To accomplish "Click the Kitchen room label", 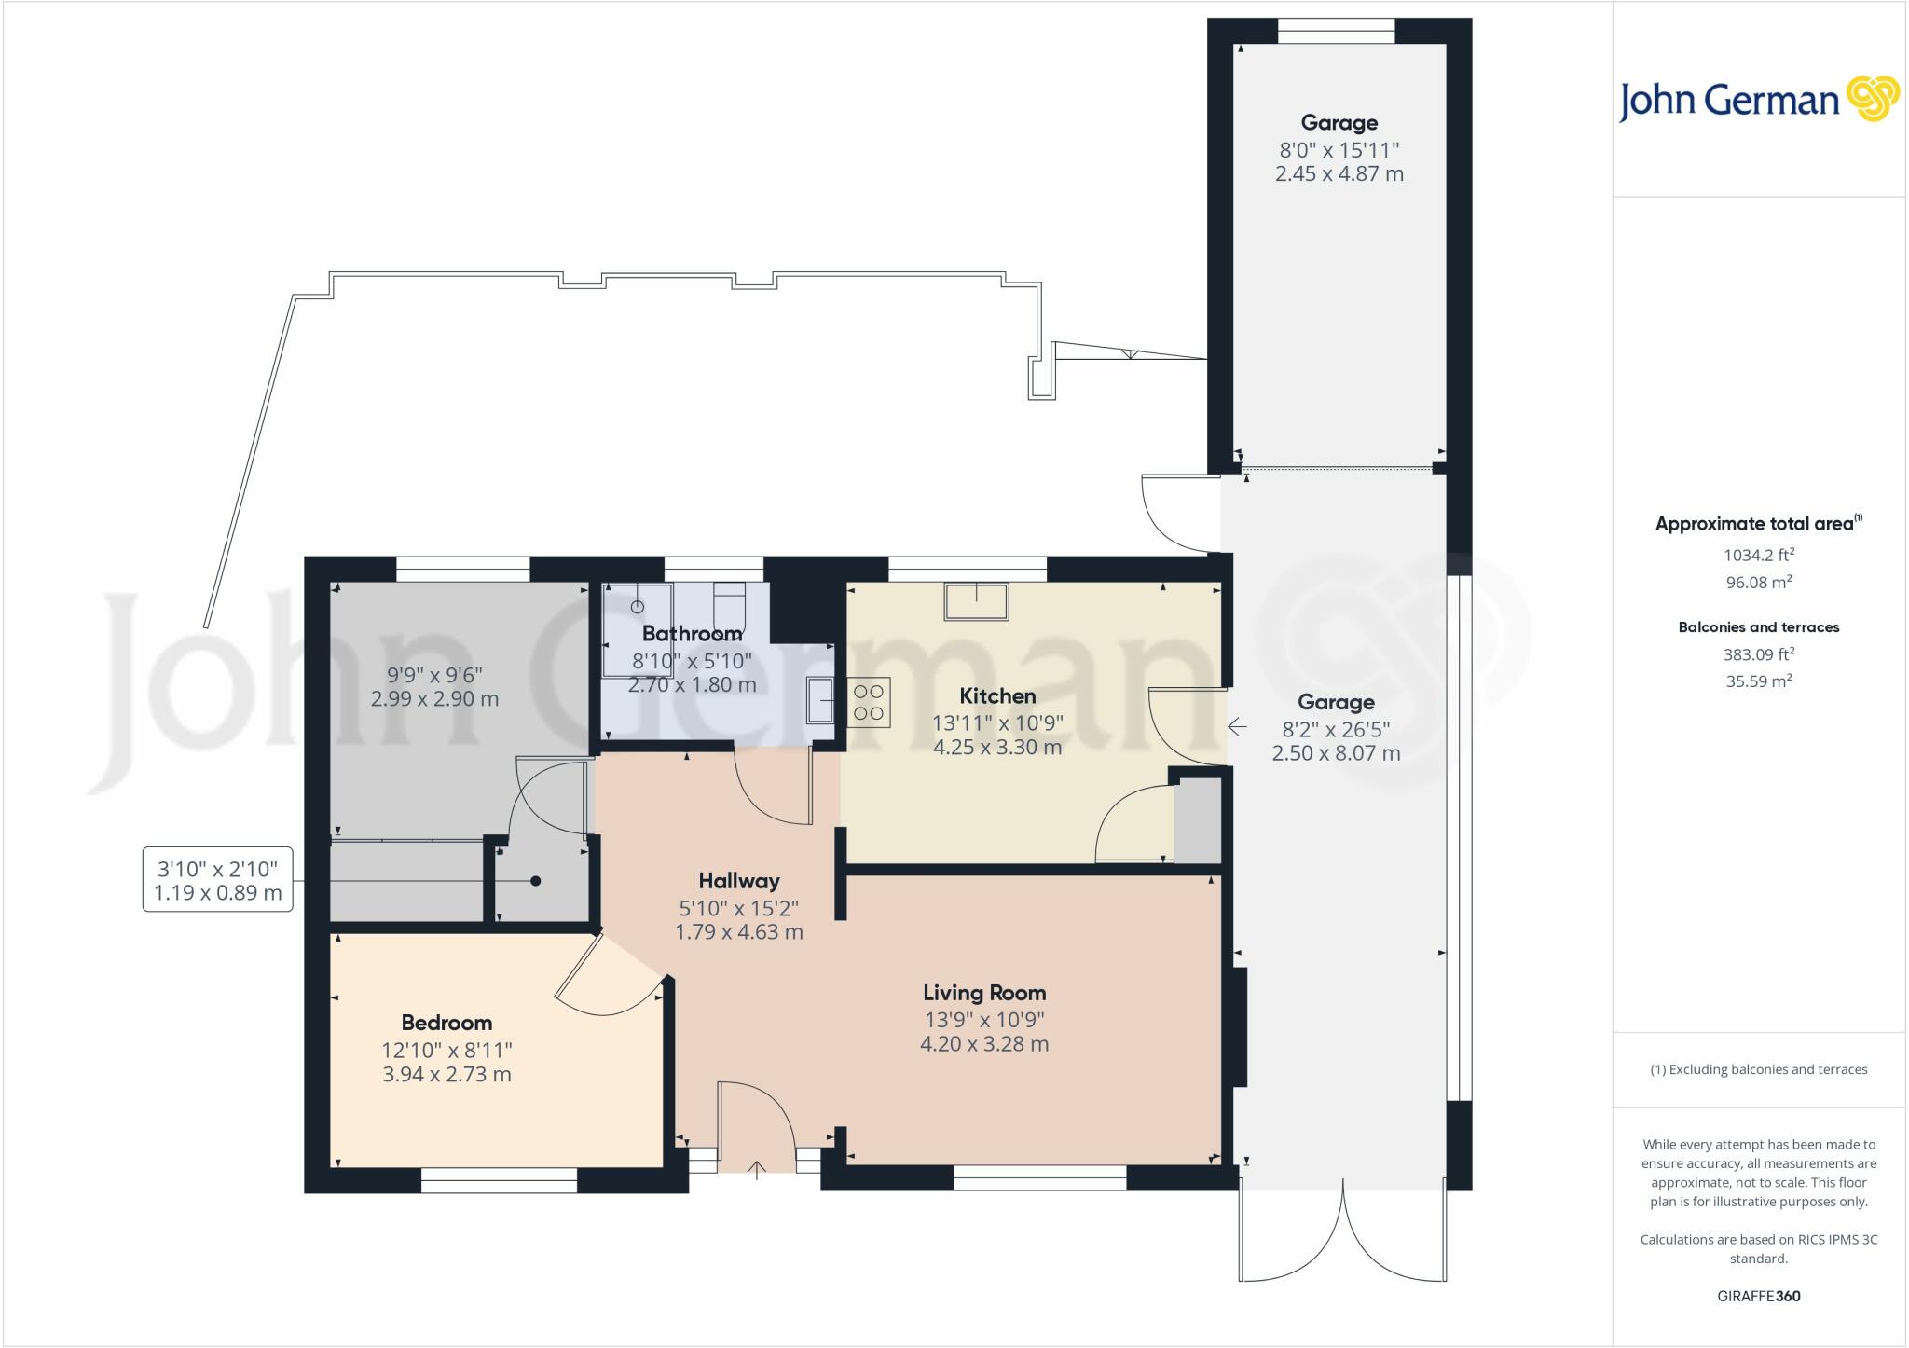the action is click(997, 696).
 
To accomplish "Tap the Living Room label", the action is click(984, 993).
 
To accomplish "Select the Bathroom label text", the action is click(692, 634).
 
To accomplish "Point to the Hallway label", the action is click(739, 881).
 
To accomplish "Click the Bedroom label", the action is click(446, 1023).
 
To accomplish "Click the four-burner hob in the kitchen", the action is click(869, 702).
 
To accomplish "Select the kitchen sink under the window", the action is click(977, 601).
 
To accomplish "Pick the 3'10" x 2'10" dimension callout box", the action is click(218, 880).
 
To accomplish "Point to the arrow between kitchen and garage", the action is click(1237, 726).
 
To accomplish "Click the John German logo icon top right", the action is click(1873, 99).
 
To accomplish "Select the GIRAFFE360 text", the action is click(1759, 1296).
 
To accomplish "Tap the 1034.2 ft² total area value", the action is click(1759, 555).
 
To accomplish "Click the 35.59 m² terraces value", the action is click(1759, 681).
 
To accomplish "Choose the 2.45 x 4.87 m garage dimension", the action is click(1339, 173).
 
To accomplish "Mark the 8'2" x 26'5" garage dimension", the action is click(1336, 729).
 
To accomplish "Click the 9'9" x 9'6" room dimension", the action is click(434, 674).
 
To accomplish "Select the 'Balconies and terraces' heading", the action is click(1759, 627).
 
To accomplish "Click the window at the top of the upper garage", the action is click(1336, 31).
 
